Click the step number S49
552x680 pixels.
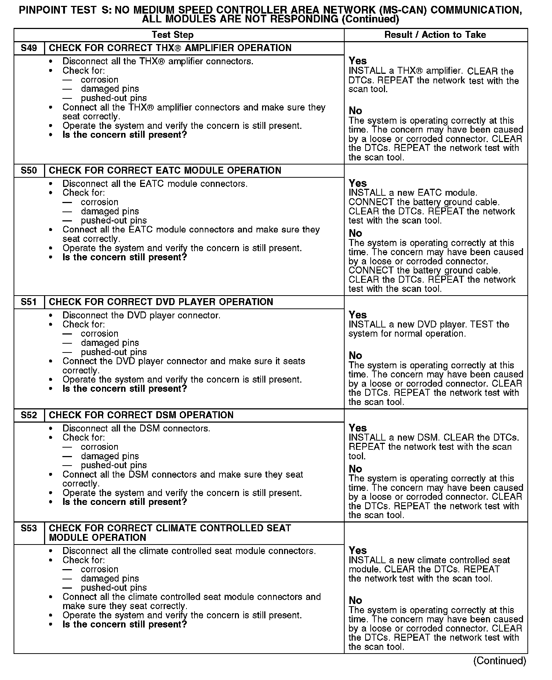[x=29, y=48]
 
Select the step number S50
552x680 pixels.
[x=29, y=171]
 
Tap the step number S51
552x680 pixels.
[x=29, y=302]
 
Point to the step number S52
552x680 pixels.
[x=29, y=415]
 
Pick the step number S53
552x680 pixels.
[x=29, y=528]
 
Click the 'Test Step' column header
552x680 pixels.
[x=172, y=35]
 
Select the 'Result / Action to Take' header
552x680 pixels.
[x=435, y=35]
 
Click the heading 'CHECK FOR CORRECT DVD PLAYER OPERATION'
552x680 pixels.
[x=161, y=302]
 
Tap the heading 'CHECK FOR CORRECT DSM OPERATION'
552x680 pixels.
[x=141, y=415]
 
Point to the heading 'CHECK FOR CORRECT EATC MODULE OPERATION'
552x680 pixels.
[x=165, y=171]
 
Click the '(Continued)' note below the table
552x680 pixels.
[x=500, y=661]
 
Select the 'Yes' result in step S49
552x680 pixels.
[x=357, y=61]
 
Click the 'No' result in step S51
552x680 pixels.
[x=355, y=355]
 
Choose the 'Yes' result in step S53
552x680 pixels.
[x=357, y=550]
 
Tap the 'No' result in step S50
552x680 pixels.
[x=355, y=233]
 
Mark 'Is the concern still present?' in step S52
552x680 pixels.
[x=124, y=502]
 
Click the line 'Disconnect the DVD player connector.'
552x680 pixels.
[x=141, y=315]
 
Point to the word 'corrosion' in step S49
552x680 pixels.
[x=99, y=80]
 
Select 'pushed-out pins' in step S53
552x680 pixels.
[x=113, y=587]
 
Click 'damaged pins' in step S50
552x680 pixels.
[x=110, y=211]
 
